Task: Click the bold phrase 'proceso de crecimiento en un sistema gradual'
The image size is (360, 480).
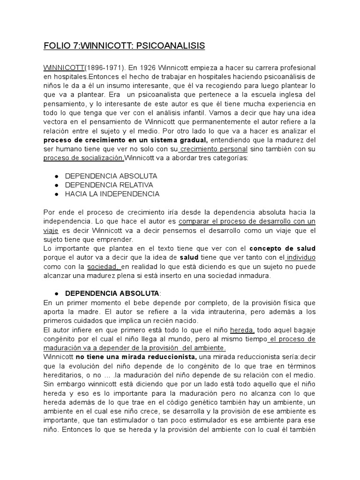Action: pos(126,140)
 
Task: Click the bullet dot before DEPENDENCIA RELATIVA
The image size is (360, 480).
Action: pos(56,185)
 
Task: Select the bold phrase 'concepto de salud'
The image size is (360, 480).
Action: pos(282,248)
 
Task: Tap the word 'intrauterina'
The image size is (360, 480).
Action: pos(222,311)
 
